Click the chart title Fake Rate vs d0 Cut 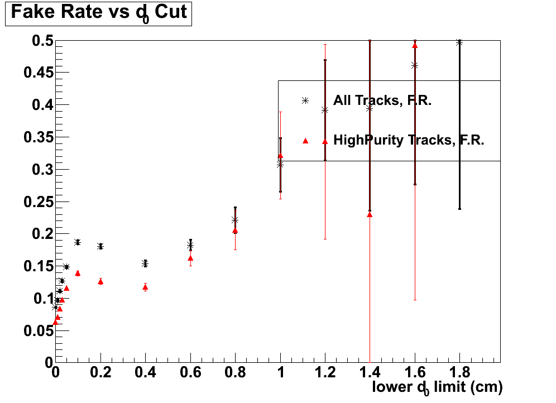click(x=98, y=13)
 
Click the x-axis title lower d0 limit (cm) click(x=437, y=387)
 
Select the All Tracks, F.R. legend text click(x=382, y=101)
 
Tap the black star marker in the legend click(x=305, y=101)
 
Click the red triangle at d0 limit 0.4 click(x=145, y=287)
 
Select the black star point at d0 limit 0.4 click(x=145, y=263)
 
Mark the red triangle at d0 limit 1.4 click(x=370, y=214)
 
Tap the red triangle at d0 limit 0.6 click(x=190, y=258)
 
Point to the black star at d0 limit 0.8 click(x=235, y=220)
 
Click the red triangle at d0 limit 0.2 click(x=100, y=281)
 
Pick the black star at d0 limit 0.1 click(x=78, y=242)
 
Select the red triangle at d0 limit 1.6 click(x=415, y=45)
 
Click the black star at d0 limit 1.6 click(x=415, y=65)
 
